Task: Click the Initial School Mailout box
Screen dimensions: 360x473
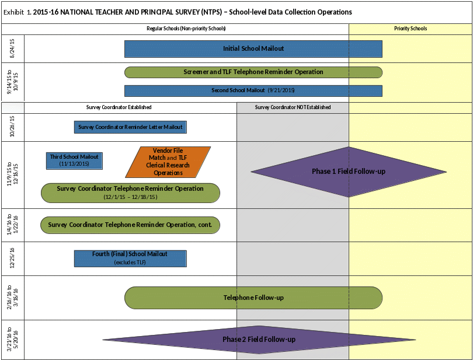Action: coord(253,49)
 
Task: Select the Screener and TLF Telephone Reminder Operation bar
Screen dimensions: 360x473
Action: coord(253,72)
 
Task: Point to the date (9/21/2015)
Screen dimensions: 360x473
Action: coord(282,91)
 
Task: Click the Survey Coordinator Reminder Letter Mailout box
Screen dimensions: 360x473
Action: coord(130,127)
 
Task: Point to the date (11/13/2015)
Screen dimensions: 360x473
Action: coord(74,164)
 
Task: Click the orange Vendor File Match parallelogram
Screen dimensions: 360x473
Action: coord(168,162)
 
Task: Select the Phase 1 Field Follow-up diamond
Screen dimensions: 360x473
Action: coord(349,172)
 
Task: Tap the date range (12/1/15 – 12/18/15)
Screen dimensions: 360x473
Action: coord(130,197)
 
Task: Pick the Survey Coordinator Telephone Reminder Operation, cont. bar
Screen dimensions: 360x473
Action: coord(130,225)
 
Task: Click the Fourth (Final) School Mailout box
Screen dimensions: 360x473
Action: coord(130,254)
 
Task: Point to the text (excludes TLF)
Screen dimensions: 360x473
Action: coord(130,263)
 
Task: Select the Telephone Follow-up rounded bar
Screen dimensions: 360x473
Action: coord(253,298)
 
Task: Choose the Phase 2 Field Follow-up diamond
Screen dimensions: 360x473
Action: coord(259,340)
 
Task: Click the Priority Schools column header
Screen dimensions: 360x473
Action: coord(411,29)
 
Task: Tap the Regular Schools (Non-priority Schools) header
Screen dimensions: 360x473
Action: coord(186,29)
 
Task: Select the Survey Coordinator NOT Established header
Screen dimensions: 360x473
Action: coord(293,107)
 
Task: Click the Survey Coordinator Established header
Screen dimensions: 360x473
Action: coord(119,107)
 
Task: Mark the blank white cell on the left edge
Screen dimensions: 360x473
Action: coord(13,108)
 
